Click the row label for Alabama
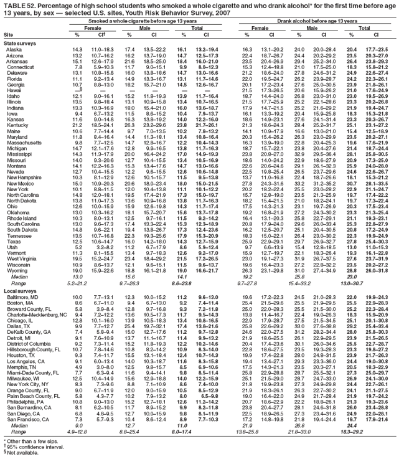coord(16,49)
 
